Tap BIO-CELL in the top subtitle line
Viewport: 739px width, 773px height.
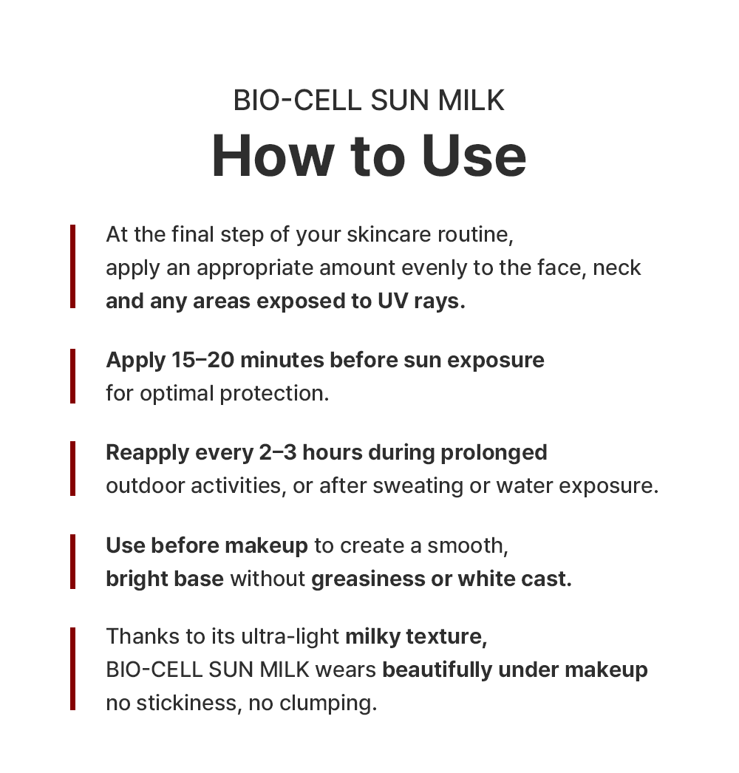[x=297, y=101]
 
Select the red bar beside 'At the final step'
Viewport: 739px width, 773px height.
[x=73, y=267]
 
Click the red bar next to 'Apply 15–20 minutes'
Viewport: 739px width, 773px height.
[x=73, y=376]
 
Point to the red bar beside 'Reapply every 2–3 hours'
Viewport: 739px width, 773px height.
[x=73, y=469]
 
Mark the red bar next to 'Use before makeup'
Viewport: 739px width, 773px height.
[x=73, y=562]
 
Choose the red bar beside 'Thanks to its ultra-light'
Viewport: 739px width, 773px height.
[x=73, y=669]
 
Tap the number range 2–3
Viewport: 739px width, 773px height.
[x=278, y=452]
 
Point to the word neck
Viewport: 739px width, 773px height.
[x=617, y=268]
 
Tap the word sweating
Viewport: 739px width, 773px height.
[x=418, y=486]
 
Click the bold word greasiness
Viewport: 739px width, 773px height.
[x=368, y=579]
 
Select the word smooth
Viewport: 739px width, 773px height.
[x=467, y=545]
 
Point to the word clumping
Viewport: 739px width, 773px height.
[x=328, y=704]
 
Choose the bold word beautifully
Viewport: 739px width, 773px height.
[x=437, y=670]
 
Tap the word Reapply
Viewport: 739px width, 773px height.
[x=147, y=453]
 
